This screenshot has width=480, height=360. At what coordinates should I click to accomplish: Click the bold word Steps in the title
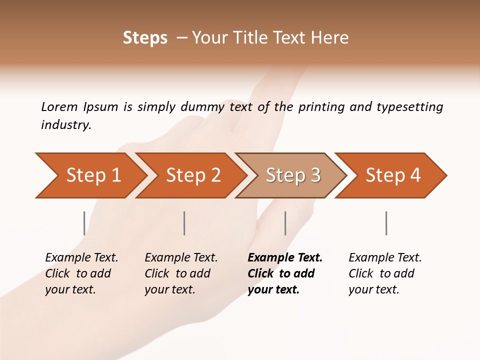[145, 38]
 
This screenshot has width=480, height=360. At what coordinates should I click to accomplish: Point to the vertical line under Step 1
[84, 223]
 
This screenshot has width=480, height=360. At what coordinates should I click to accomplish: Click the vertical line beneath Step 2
[184, 223]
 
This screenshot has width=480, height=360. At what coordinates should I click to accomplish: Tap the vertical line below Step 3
[285, 223]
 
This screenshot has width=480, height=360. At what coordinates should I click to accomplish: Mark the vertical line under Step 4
[386, 223]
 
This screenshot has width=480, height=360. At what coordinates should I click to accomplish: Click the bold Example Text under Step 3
[285, 273]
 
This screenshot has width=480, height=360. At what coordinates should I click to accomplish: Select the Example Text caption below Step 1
[81, 273]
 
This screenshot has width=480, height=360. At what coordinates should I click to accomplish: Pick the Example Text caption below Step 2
[181, 273]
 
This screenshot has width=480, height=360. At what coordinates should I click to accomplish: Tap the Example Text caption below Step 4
[385, 273]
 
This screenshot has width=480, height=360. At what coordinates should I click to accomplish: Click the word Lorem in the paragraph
[59, 107]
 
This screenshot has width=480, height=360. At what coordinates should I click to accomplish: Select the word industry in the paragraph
[65, 125]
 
